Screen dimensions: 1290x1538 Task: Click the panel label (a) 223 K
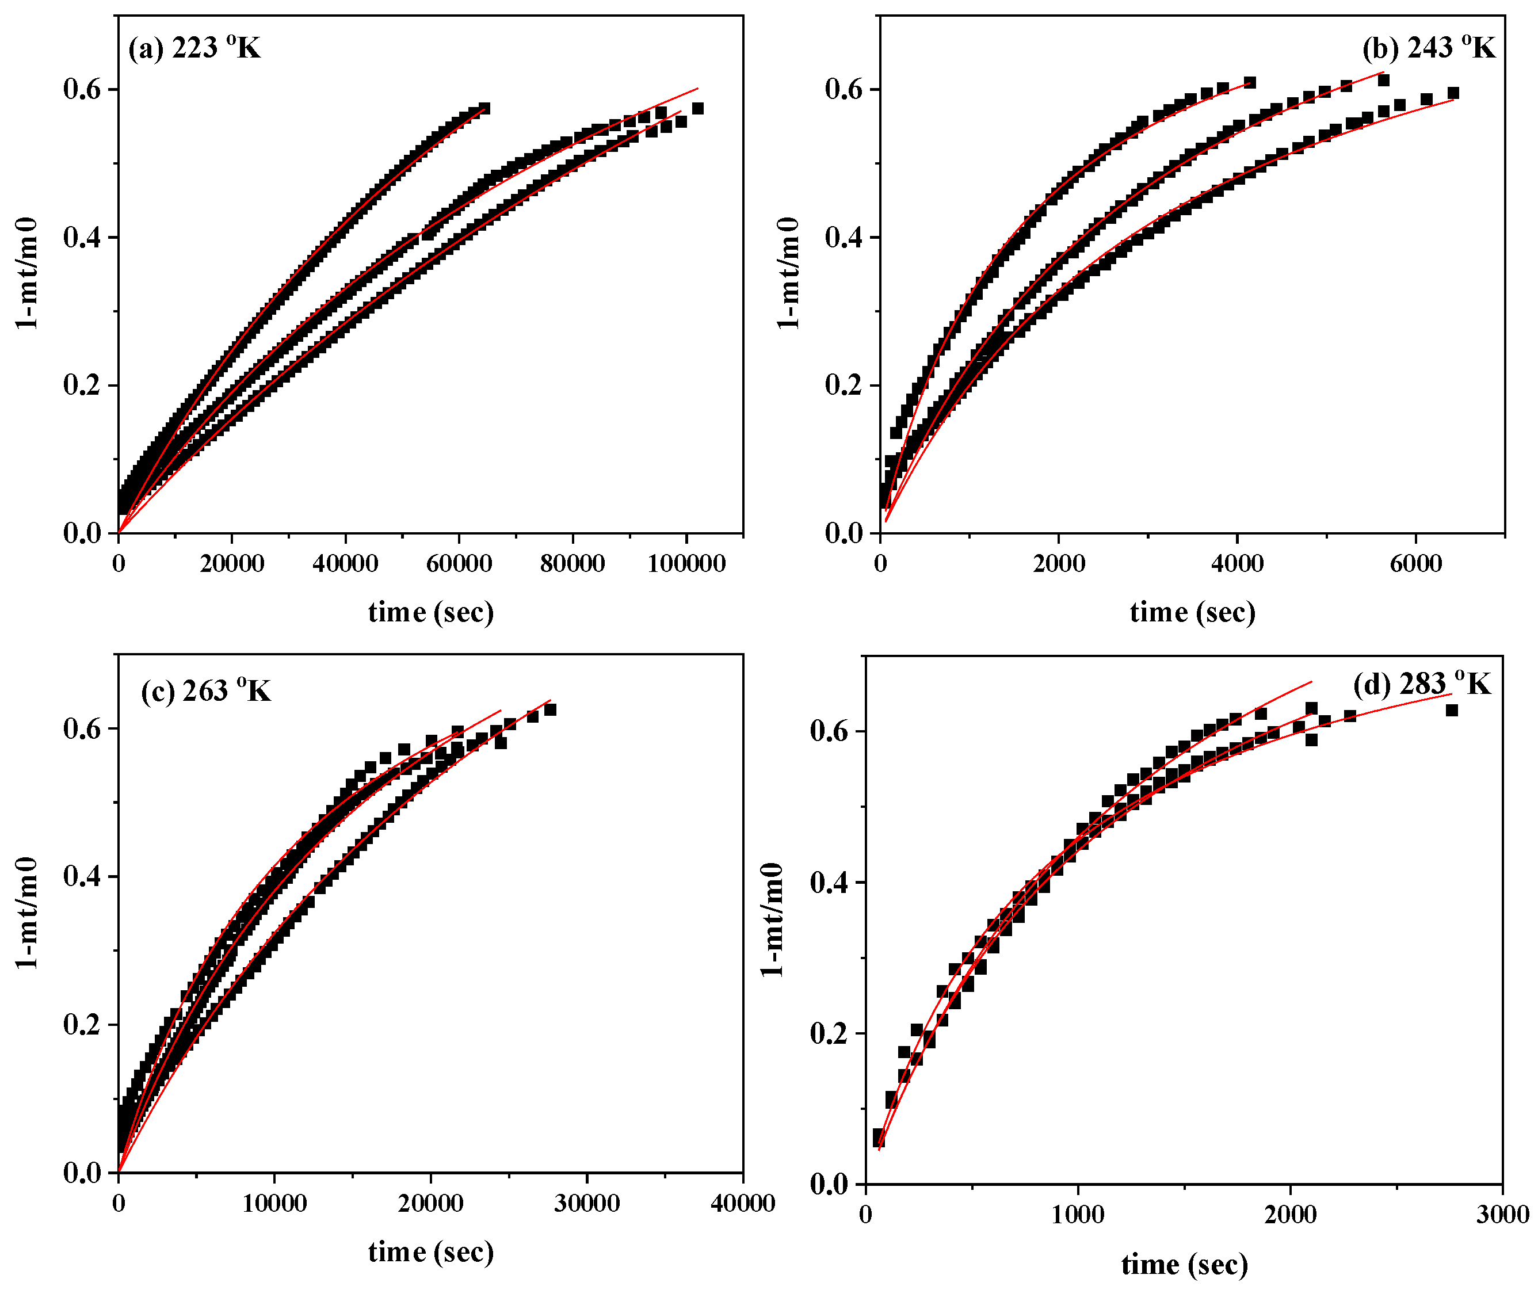194,48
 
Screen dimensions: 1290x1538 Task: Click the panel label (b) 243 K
1428,48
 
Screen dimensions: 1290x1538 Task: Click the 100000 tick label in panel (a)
686,564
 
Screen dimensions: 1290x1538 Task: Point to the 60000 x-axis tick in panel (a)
459,564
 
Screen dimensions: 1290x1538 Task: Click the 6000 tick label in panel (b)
1415,564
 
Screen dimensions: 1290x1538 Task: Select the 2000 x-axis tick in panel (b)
1059,564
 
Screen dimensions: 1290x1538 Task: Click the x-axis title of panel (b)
1192,612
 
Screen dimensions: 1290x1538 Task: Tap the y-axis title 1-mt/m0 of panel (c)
28,912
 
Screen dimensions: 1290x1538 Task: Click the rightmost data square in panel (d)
1452,710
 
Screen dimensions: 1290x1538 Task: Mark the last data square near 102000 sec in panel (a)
697,108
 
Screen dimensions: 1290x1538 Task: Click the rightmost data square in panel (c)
550,709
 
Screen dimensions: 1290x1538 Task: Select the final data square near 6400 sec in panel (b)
1453,93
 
